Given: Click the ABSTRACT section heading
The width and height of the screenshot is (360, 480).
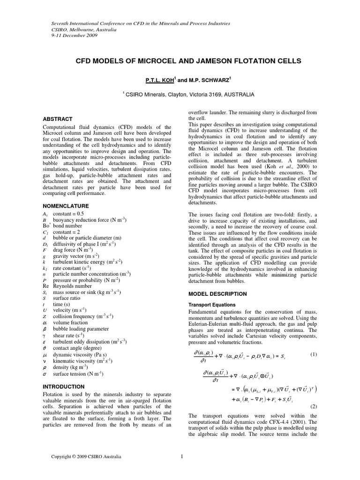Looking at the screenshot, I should pos(57,119).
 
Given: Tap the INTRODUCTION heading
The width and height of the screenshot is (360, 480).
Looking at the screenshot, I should pos(64,387).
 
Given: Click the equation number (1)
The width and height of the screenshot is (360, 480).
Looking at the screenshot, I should pos(314,354).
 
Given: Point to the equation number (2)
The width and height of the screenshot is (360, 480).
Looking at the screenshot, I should pos(314,406).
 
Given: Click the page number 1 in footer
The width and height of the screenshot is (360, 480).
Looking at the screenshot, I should pos(181,456).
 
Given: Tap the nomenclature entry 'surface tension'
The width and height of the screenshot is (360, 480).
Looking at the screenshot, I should pos(80,374).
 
